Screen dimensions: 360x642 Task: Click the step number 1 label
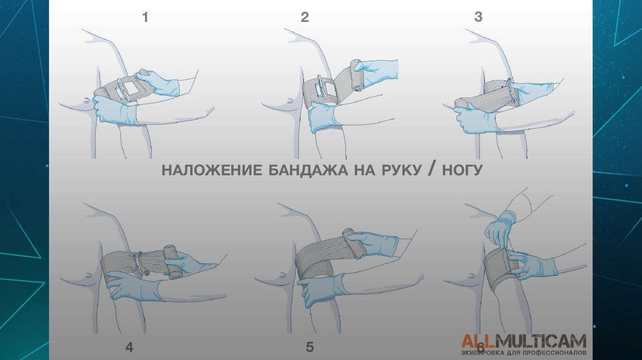(145, 18)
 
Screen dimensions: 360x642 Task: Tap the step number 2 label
(305, 18)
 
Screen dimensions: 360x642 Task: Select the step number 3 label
(478, 18)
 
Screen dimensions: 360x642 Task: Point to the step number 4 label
(129, 347)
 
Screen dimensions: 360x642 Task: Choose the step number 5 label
(310, 347)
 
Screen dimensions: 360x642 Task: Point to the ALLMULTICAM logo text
(524, 341)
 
